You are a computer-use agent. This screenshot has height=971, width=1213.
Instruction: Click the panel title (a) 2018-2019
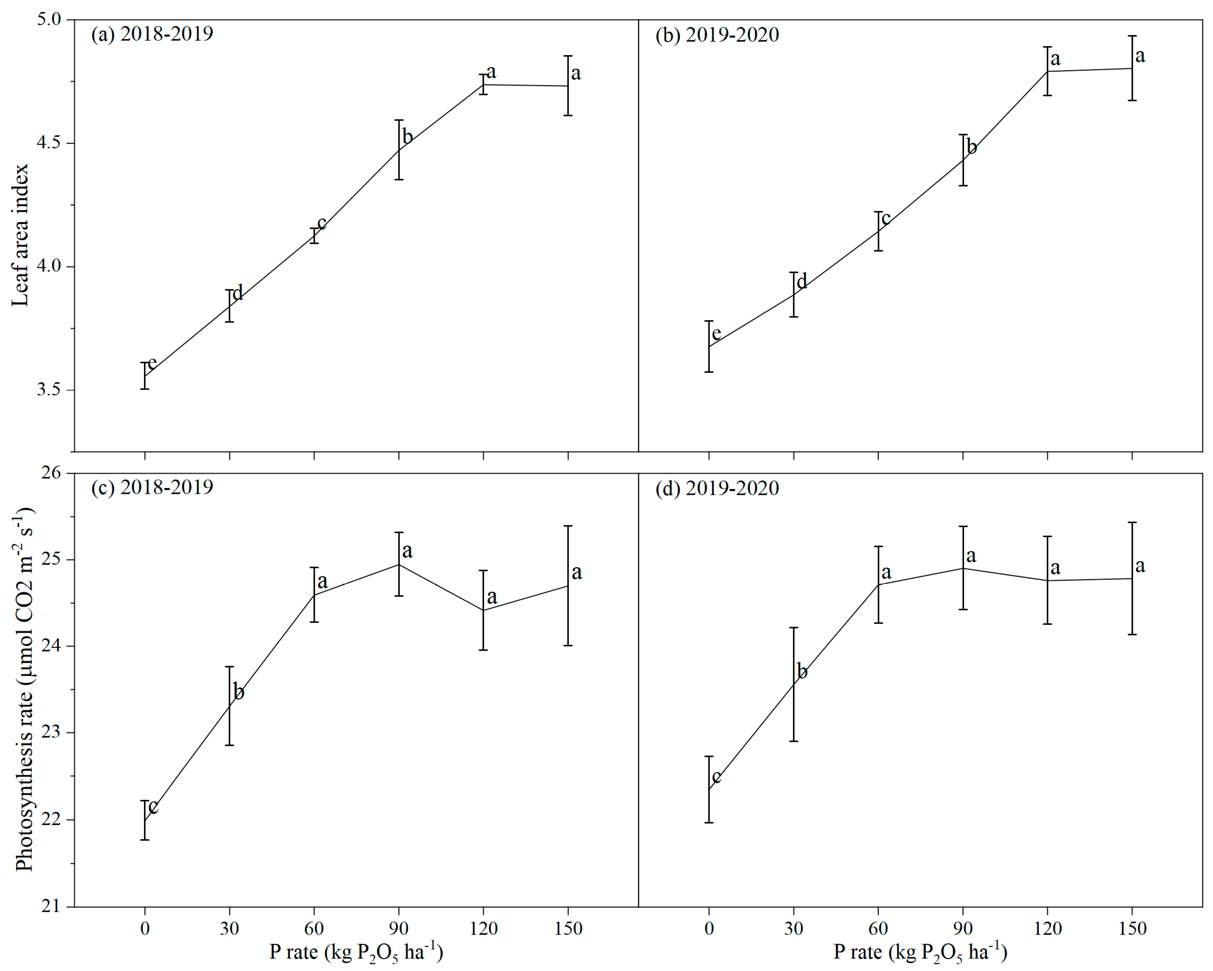[152, 34]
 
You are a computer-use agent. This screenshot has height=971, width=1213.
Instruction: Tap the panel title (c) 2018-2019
[152, 487]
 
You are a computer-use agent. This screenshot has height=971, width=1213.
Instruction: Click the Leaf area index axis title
[20, 235]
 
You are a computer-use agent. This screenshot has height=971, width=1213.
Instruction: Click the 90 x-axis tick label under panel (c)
[399, 928]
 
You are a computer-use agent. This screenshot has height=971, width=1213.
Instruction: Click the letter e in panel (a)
[151, 364]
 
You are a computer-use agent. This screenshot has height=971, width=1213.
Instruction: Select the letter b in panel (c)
[239, 692]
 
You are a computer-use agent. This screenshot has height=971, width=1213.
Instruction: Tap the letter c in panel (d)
[716, 777]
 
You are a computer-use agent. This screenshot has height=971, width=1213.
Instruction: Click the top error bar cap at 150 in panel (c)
[568, 526]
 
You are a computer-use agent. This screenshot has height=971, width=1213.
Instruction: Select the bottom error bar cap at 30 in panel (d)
[794, 741]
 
